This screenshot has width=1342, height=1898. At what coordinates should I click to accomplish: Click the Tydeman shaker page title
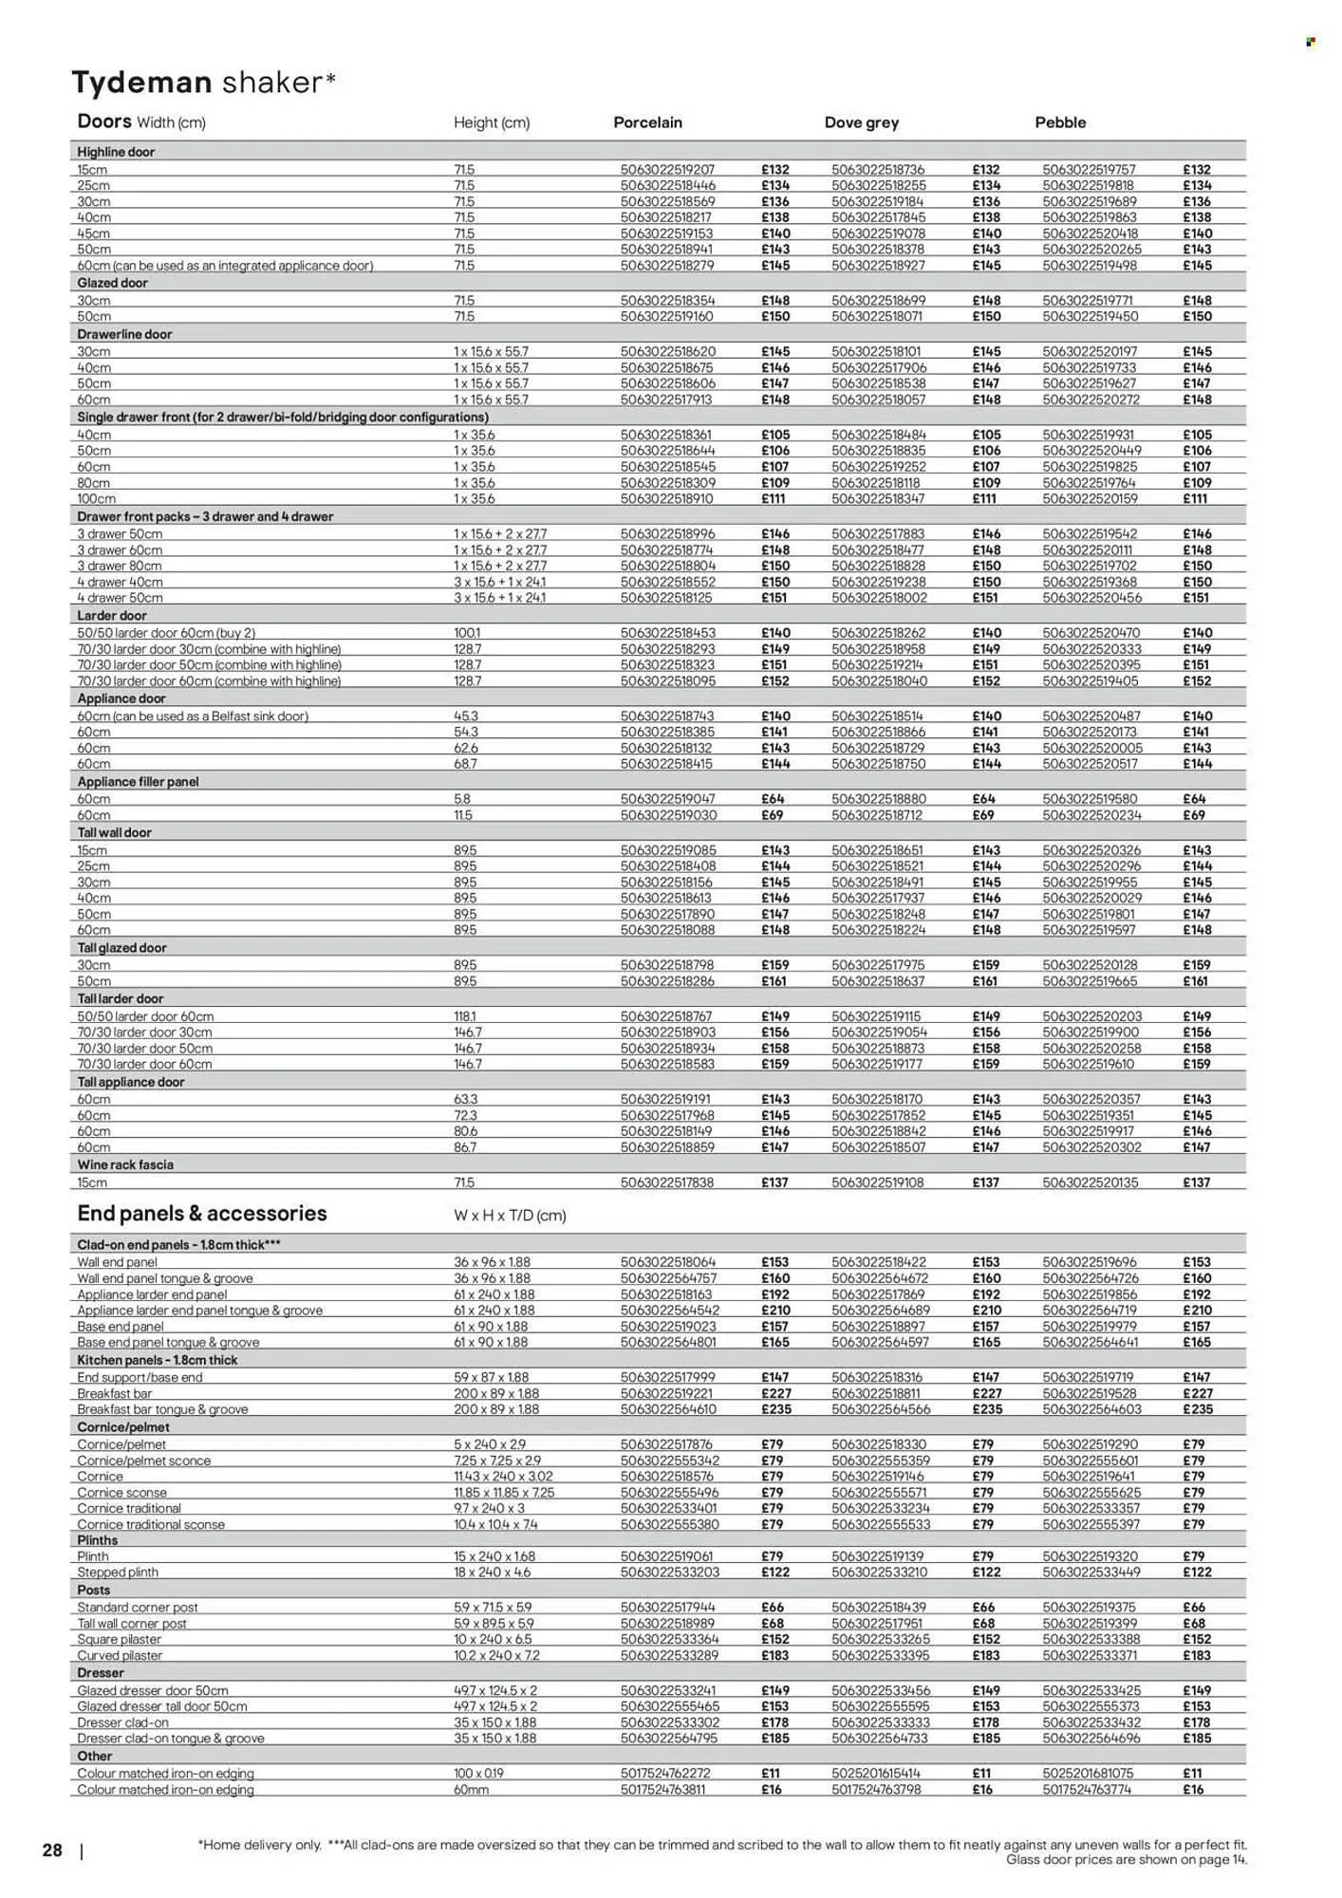click(x=203, y=84)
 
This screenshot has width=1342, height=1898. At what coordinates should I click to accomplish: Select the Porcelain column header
click(x=647, y=122)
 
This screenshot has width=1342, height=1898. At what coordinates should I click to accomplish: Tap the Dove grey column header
click(x=861, y=122)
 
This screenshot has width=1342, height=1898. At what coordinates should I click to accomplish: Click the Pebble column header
click(x=1060, y=122)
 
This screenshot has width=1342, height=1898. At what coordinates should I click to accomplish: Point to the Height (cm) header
click(x=492, y=122)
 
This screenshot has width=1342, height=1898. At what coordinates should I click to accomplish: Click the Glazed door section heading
click(x=112, y=283)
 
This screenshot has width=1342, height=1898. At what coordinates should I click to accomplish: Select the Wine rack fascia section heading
click(x=125, y=1164)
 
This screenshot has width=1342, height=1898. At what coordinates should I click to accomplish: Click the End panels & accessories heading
click(x=202, y=1214)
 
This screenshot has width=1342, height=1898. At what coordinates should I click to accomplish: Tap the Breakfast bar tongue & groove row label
click(x=162, y=1409)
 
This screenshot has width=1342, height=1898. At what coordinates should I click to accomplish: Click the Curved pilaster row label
click(x=120, y=1655)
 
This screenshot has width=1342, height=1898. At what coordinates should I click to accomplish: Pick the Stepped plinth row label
click(x=118, y=1572)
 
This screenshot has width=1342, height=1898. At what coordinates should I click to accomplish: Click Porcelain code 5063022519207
click(x=667, y=170)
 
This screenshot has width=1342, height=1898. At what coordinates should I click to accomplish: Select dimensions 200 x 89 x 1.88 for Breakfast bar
click(x=496, y=1393)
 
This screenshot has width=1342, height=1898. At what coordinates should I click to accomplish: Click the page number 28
click(x=52, y=1851)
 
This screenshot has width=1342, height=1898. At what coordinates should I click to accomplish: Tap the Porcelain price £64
click(x=772, y=799)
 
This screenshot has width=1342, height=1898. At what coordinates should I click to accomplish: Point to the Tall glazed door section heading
click(x=121, y=948)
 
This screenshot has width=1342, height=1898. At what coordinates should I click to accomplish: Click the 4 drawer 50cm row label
click(x=120, y=598)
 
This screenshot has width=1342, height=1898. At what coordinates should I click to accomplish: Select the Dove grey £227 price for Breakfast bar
click(x=986, y=1393)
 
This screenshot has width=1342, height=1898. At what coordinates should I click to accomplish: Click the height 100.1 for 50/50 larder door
click(x=467, y=633)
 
